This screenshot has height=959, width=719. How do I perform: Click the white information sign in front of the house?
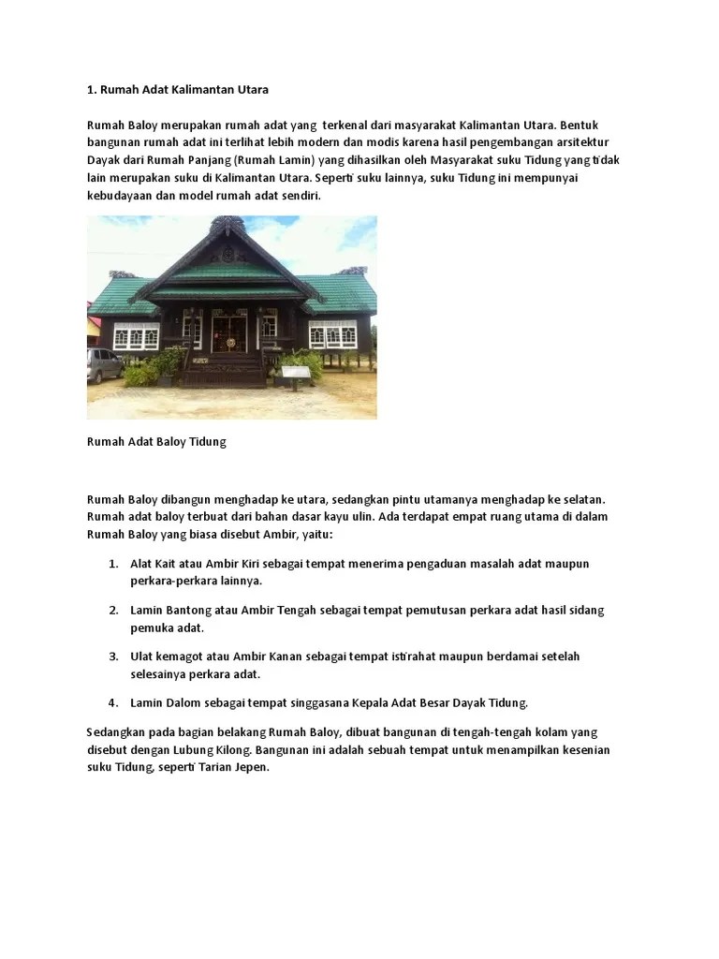click(294, 374)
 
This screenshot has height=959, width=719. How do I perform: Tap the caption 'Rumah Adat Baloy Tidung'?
click(156, 441)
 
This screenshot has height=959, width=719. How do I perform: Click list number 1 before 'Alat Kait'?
click(112, 564)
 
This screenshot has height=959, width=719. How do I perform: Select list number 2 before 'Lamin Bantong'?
click(112, 610)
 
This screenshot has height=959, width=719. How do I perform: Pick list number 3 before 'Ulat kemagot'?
click(112, 657)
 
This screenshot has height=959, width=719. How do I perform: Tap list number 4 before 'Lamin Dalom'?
click(112, 702)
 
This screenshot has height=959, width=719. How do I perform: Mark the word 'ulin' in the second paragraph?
click(377, 516)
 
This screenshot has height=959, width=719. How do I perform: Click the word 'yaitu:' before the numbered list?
click(315, 534)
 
